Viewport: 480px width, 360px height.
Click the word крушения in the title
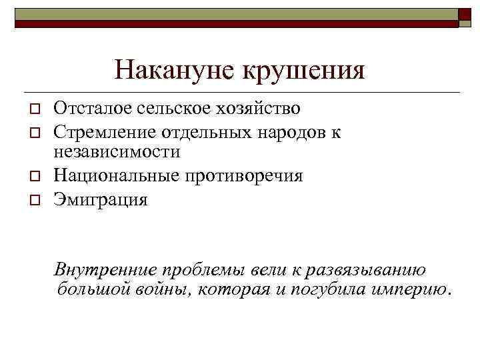(x=303, y=70)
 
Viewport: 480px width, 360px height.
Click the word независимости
(x=117, y=152)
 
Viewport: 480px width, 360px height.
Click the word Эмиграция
(x=100, y=199)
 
